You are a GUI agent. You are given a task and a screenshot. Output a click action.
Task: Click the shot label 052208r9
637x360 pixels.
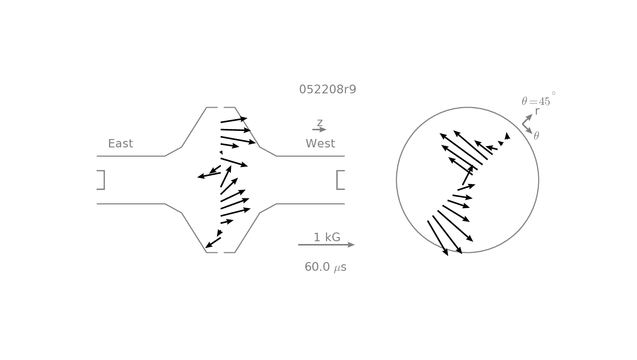328,89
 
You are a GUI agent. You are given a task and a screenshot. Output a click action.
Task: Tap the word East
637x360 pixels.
121,143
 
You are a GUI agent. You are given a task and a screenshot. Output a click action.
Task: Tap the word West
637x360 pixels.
321,143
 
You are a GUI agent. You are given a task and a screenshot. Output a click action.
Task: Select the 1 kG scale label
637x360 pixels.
327,238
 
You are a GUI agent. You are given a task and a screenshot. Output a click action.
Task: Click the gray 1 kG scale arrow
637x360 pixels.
326,245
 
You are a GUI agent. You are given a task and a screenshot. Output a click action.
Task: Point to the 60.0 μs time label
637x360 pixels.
326,267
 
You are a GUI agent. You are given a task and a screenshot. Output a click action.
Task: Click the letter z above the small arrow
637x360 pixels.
320,122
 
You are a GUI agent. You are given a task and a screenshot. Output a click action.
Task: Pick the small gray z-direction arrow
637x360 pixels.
319,129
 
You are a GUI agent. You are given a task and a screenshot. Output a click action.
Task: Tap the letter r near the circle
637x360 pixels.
537,111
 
